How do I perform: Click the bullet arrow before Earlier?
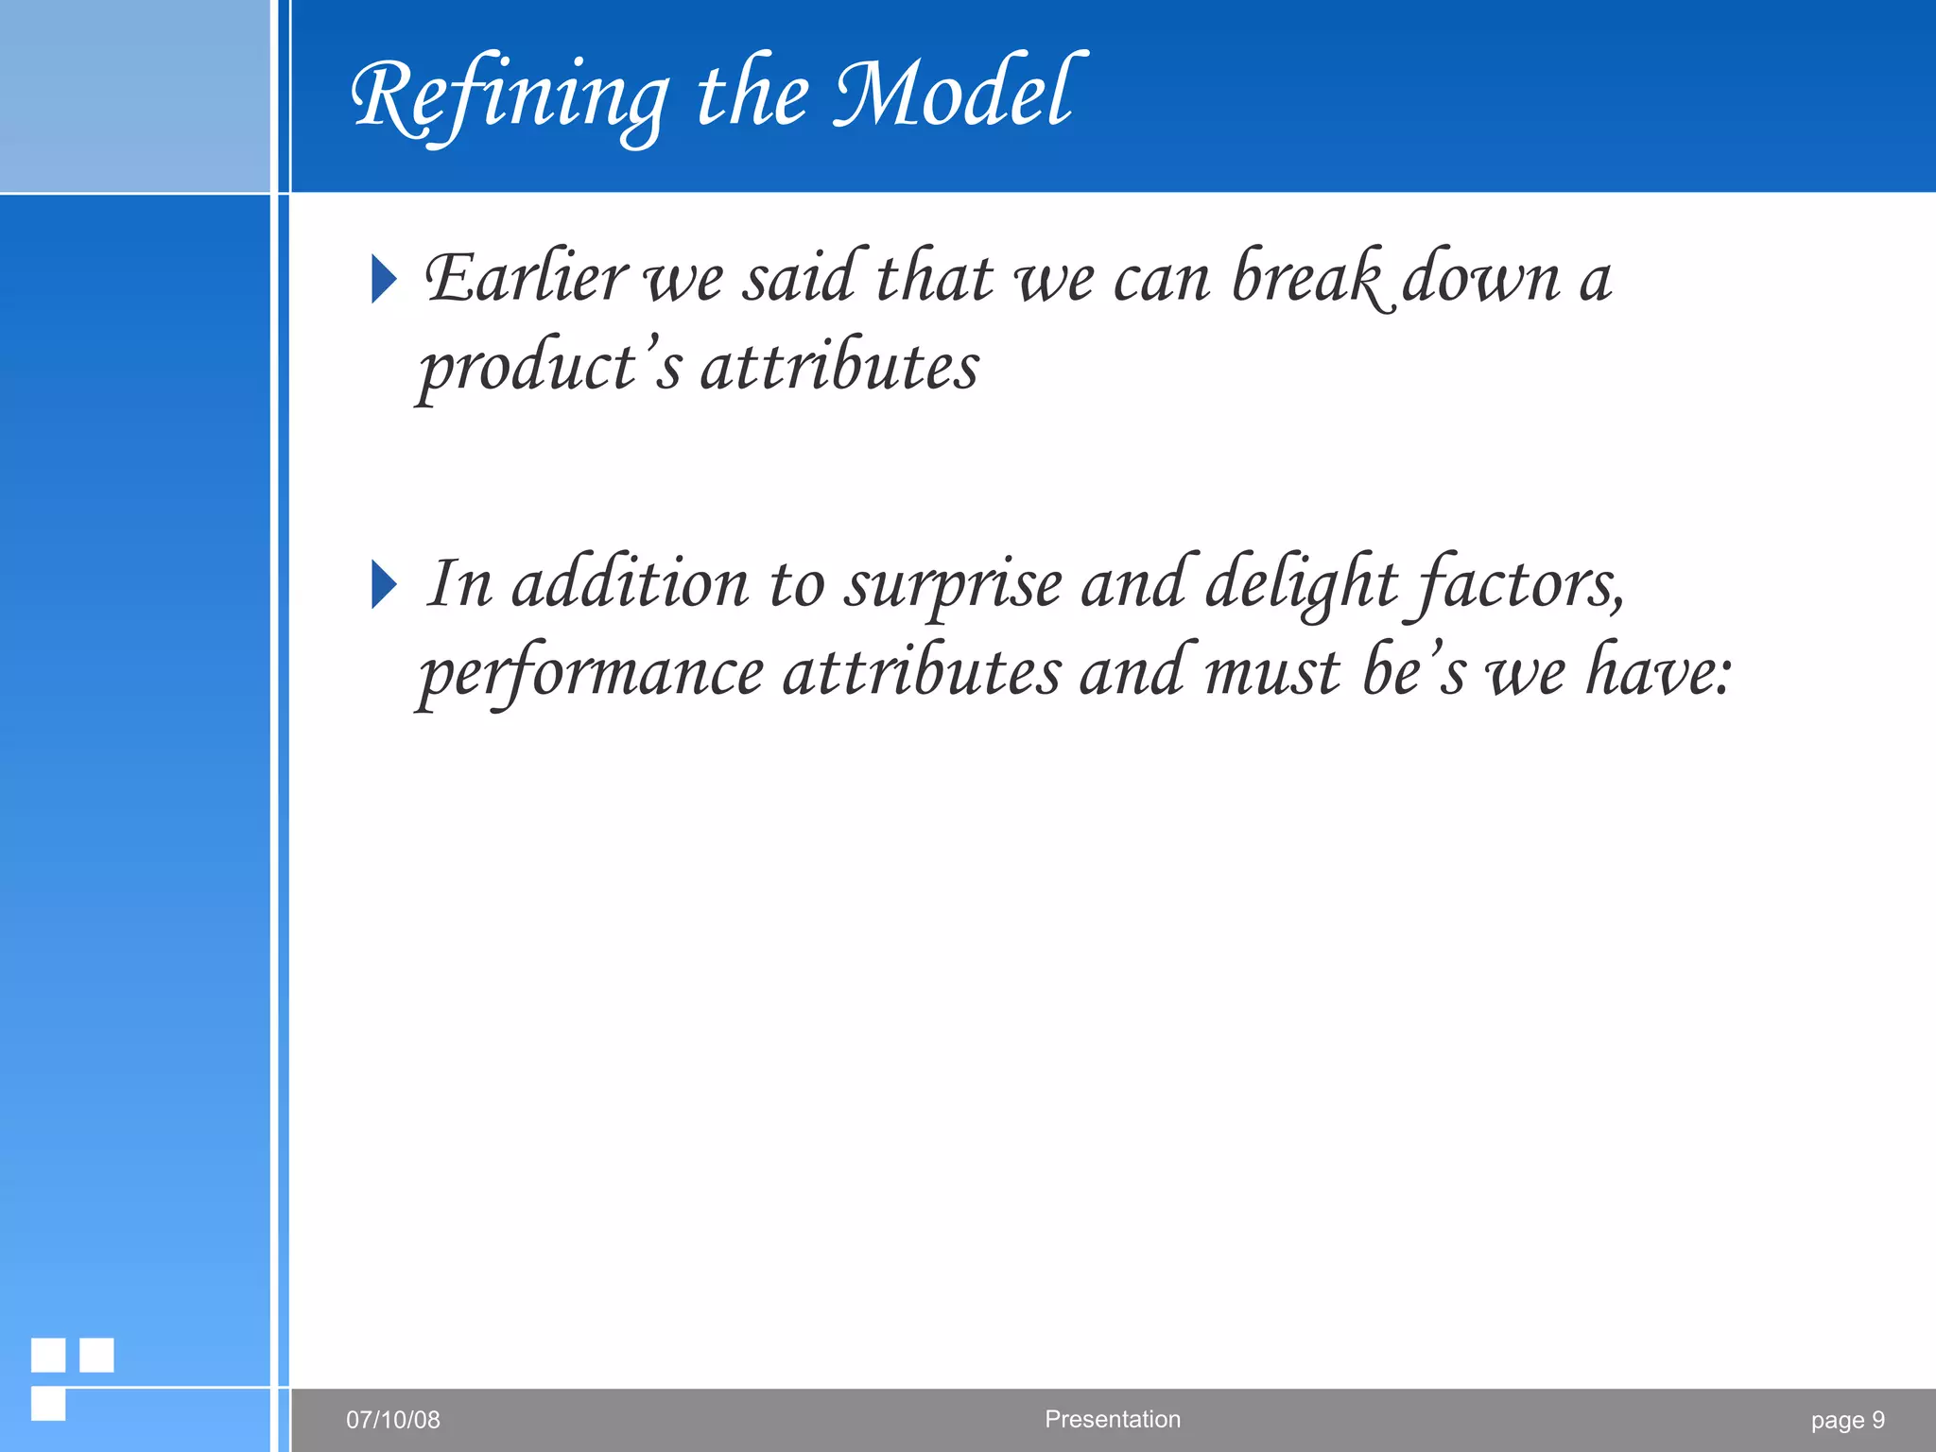[384, 279]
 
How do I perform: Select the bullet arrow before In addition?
[384, 584]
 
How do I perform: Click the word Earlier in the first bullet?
[526, 279]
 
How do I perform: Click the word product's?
[549, 367]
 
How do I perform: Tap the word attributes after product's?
[839, 367]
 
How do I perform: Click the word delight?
[1301, 584]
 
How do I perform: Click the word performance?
[592, 673]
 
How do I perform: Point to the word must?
[1272, 673]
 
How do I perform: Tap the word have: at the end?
[1658, 673]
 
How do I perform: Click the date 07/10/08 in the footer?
[393, 1419]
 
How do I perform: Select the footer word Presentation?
[1113, 1419]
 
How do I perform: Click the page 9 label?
[1847, 1420]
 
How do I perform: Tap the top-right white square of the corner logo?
[96, 1355]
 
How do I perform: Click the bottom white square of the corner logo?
[48, 1404]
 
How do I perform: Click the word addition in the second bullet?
[630, 584]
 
